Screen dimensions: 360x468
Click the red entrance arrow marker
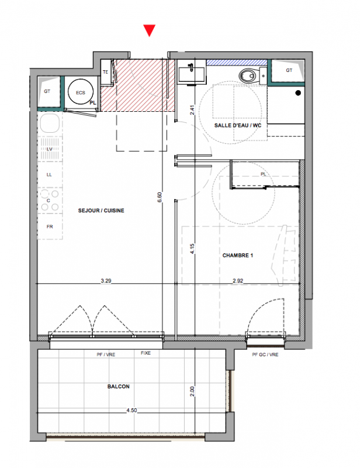pyautogui.click(x=149, y=30)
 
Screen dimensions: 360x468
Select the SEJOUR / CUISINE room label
pyautogui.click(x=101, y=211)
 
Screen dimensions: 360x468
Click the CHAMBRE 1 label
pyautogui.click(x=238, y=255)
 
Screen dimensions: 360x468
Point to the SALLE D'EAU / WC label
pyautogui.click(x=238, y=125)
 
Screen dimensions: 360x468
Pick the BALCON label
pyautogui.click(x=119, y=387)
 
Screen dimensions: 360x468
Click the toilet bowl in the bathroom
pyautogui.click(x=248, y=76)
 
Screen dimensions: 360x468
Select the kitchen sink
pyautogui.click(x=50, y=123)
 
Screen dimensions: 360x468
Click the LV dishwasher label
pyautogui.click(x=50, y=149)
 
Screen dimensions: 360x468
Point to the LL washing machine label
pyautogui.click(x=49, y=174)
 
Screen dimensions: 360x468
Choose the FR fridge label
pyautogui.click(x=50, y=227)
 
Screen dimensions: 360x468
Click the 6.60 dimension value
pyautogui.click(x=160, y=197)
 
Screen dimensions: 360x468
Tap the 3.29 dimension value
pyautogui.click(x=106, y=281)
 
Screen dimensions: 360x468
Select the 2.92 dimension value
pyautogui.click(x=238, y=281)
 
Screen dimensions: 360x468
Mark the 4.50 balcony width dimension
pyautogui.click(x=131, y=411)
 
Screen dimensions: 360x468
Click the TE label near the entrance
pyautogui.click(x=105, y=72)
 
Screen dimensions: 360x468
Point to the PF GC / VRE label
pyautogui.click(x=265, y=355)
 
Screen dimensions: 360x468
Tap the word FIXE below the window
pyautogui.click(x=146, y=353)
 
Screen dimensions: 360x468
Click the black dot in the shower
pyautogui.click(x=298, y=93)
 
